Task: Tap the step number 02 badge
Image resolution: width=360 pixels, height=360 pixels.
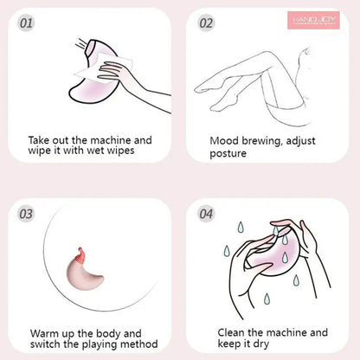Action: click(206, 22)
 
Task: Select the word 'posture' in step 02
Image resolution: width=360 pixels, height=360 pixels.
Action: click(229, 154)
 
